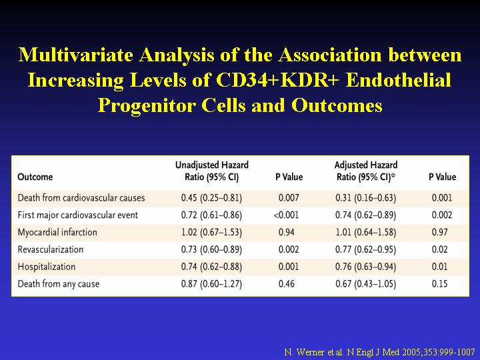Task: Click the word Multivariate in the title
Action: [75, 55]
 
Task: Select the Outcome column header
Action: [35, 177]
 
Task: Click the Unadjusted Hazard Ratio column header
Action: [212, 171]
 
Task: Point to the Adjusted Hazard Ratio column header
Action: [366, 171]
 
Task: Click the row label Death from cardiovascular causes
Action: [81, 198]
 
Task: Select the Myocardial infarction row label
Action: [57, 232]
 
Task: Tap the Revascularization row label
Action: [51, 249]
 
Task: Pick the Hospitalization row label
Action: [47, 267]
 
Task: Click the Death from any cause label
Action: [59, 284]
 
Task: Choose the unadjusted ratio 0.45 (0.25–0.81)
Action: [211, 198]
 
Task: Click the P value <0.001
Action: [286, 215]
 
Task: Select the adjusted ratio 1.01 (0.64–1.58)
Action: [366, 232]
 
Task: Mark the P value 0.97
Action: [439, 232]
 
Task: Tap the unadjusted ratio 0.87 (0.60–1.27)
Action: [211, 284]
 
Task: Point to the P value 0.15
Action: [439, 284]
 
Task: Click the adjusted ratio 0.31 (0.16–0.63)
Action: [366, 198]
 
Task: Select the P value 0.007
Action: [289, 198]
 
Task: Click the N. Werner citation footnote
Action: [379, 352]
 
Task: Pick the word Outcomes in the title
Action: [337, 105]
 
